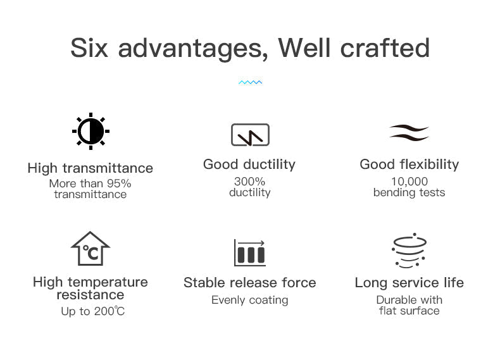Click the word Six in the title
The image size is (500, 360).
(89, 48)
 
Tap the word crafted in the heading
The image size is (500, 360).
(385, 48)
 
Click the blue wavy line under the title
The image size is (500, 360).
(251, 82)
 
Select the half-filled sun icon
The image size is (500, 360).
(91, 131)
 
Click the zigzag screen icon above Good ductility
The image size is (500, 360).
(251, 135)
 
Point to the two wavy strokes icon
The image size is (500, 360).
(409, 133)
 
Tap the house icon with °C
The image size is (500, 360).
(91, 249)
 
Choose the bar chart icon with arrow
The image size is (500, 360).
(249, 252)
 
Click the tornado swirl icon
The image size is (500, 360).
(409, 251)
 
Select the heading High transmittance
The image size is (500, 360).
(91, 168)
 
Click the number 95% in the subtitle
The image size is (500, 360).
(119, 183)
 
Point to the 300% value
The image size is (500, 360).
(249, 182)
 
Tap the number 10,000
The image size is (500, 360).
(409, 182)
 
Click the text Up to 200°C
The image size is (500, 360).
(93, 311)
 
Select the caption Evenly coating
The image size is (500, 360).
(249, 300)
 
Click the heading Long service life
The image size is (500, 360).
(409, 283)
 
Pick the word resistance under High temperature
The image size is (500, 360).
(91, 295)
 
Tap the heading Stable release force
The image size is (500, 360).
(249, 283)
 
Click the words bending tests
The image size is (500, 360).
(409, 192)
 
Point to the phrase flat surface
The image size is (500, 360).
(409, 311)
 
